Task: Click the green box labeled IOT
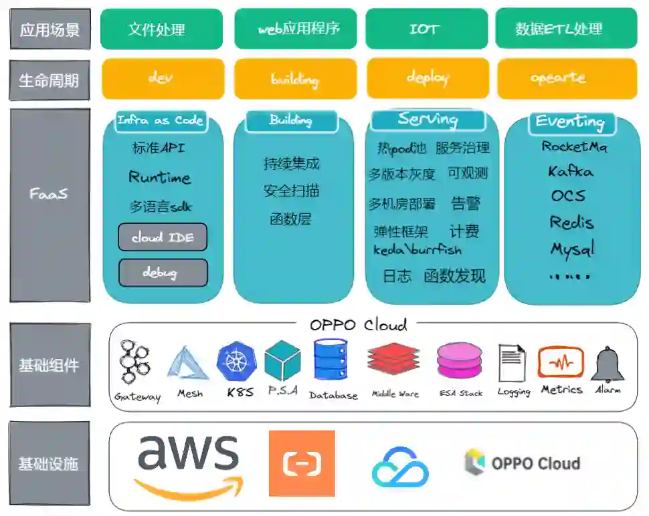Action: (424, 29)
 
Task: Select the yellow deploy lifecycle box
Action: (428, 78)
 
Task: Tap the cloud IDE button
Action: (163, 237)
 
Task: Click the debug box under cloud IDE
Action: (163, 273)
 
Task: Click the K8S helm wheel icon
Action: (236, 362)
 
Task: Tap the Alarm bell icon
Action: (608, 364)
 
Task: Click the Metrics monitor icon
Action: (561, 363)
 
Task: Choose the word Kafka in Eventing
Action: (570, 171)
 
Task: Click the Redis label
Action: (571, 222)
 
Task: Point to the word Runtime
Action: (159, 177)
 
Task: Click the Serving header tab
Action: (428, 120)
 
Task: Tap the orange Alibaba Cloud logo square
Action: (302, 463)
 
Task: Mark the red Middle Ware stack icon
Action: (393, 362)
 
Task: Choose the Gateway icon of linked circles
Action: (135, 364)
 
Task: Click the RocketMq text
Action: (574, 146)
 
